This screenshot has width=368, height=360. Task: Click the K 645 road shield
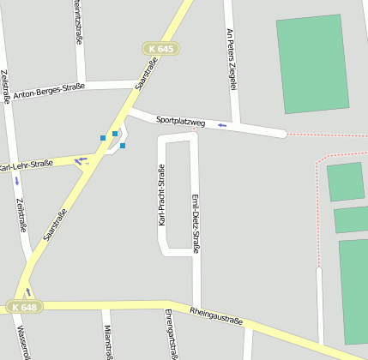click(x=160, y=49)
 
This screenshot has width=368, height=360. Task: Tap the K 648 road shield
click(x=24, y=307)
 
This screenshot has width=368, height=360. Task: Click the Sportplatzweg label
click(x=180, y=122)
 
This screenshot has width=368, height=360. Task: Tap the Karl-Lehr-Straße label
click(x=26, y=165)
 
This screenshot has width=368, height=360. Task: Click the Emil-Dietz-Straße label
click(x=195, y=224)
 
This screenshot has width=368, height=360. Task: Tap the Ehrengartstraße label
click(x=169, y=333)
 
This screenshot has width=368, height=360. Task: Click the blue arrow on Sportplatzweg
click(x=222, y=125)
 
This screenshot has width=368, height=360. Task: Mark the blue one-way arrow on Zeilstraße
click(x=16, y=181)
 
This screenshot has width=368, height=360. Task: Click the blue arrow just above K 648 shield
click(x=27, y=292)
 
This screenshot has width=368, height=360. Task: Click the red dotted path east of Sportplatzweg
click(x=326, y=135)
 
